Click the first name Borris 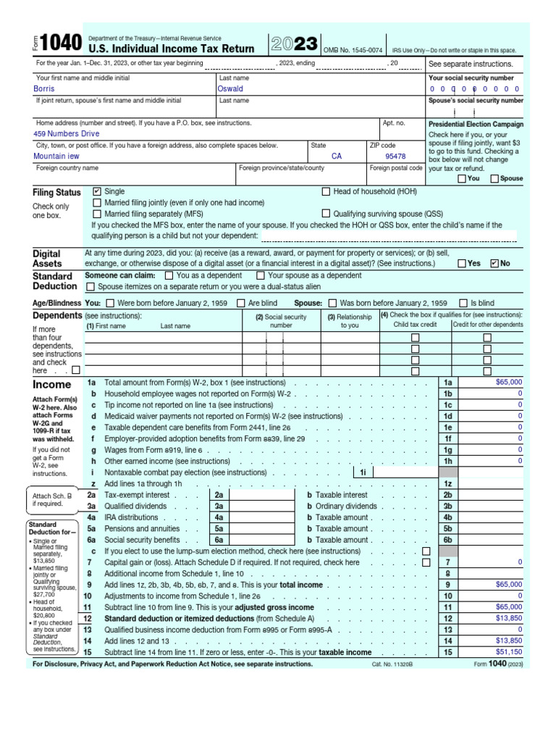tap(44, 89)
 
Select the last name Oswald tap(230, 89)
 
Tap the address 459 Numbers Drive tap(67, 134)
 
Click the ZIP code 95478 tap(395, 156)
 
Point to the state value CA tap(337, 156)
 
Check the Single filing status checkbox tap(97, 191)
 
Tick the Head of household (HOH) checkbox tap(326, 191)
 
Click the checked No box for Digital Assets tap(495, 264)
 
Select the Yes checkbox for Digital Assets tap(462, 264)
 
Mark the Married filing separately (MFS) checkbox tap(97, 214)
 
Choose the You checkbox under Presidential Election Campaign tap(462, 179)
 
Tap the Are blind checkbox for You tap(243, 303)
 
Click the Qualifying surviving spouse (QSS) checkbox tap(326, 214)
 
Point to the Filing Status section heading tap(56, 193)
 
